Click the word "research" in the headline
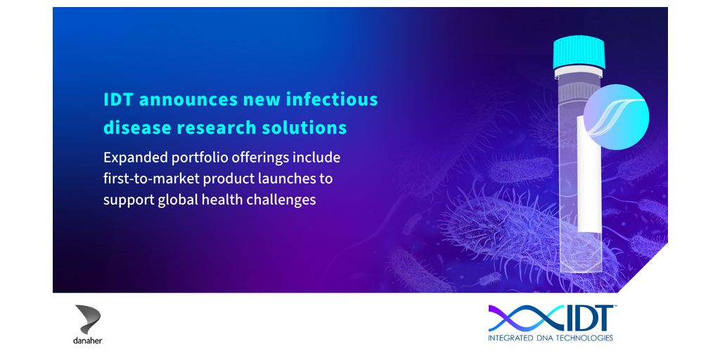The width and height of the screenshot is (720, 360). [x=213, y=128]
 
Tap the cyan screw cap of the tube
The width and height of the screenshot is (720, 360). [x=579, y=53]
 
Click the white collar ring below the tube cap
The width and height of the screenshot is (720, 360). [x=579, y=72]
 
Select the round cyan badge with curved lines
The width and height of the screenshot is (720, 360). [x=616, y=117]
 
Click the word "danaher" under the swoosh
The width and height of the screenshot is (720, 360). [x=88, y=342]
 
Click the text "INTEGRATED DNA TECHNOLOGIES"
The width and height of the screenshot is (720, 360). [x=551, y=338]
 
